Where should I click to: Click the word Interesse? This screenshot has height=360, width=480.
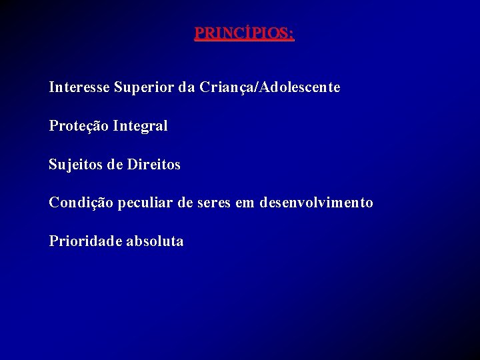79,87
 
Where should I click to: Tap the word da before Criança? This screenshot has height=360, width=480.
187,87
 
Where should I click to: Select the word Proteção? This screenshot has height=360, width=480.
79,126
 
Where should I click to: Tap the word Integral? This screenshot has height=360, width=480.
141,126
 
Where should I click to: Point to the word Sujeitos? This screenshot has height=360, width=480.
75,165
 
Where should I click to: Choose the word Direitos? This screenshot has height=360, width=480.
153,164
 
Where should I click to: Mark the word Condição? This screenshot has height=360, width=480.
81,203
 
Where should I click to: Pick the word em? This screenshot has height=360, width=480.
245,203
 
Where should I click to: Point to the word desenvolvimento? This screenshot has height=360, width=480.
317,203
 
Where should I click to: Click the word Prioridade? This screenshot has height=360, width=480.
85,241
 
